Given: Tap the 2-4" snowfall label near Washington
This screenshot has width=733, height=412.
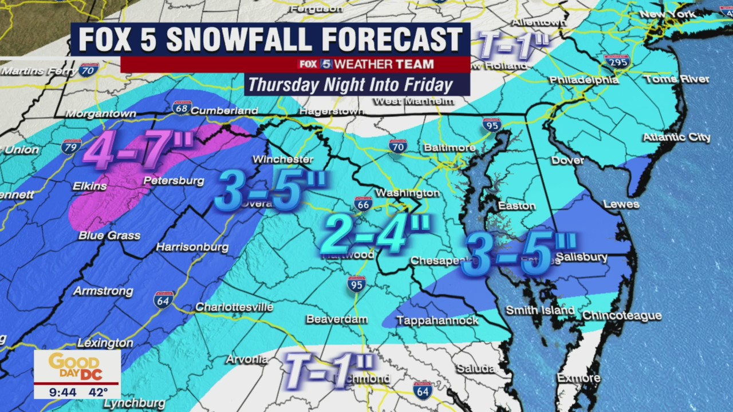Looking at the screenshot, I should pos(375,233).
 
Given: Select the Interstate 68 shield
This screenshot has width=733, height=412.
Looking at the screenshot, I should pos(181,108).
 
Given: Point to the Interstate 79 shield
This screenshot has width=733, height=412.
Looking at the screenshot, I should pos(72,146).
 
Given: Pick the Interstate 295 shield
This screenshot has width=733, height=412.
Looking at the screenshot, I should pos(616,62).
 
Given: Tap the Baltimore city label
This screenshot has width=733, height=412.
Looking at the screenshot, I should pos(450,148).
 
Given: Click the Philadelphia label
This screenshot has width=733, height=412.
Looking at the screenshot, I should pos(584,80).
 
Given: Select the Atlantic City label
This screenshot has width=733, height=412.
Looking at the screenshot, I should pos(676,137).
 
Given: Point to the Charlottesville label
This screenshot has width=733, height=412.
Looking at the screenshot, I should pos(234,307).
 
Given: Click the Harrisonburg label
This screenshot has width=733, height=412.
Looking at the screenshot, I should pos(192,248).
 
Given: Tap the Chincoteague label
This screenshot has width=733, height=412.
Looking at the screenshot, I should pos(622,316).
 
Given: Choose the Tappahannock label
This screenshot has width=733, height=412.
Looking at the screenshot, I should pos(438,320).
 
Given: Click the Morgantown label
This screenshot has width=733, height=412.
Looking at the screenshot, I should pos(101,114).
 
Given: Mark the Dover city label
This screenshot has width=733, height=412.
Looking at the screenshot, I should pos(568,161).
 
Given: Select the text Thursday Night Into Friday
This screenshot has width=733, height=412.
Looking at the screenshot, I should pos(350,85).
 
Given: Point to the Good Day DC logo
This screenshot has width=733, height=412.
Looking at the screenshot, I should pos(77,366).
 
